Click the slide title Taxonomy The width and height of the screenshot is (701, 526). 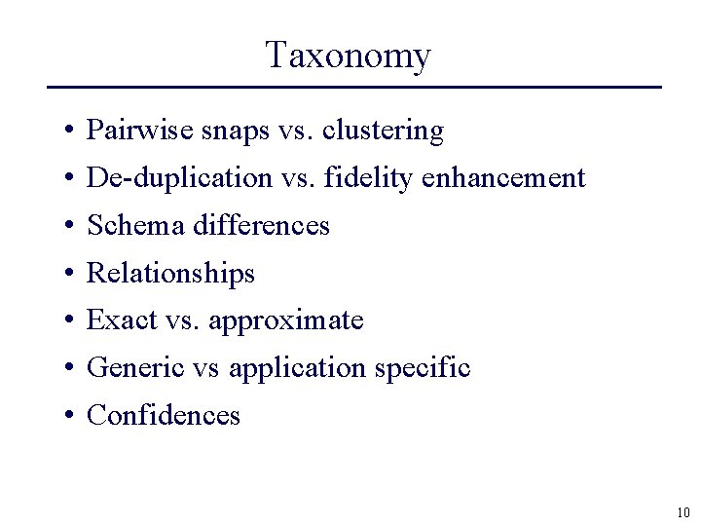click(x=348, y=56)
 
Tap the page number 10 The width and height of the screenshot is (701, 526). click(x=682, y=512)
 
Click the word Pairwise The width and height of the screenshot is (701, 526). click(x=127, y=131)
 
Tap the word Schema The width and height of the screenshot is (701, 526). click(x=136, y=226)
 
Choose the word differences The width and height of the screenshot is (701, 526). click(x=262, y=226)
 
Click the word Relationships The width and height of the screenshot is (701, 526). click(x=170, y=274)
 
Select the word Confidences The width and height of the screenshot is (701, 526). click(x=164, y=416)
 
